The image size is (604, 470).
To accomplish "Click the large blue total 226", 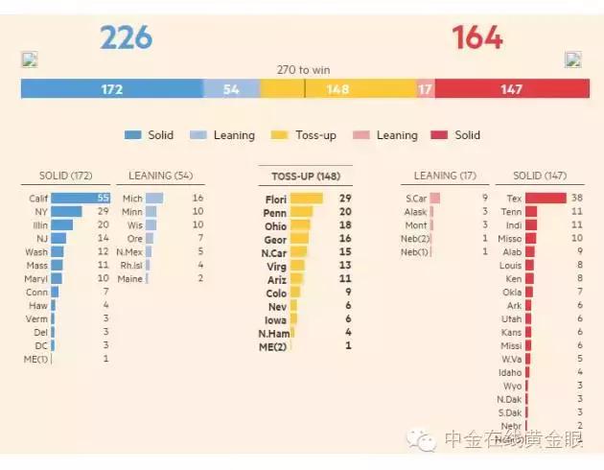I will [x=127, y=37].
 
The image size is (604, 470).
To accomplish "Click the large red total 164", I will [x=476, y=37].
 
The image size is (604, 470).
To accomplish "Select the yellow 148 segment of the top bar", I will [x=337, y=89].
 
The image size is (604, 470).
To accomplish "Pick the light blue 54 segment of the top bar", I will [x=231, y=89].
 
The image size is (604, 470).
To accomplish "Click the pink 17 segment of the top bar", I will [x=425, y=89].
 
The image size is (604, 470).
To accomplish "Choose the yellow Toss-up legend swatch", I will [x=281, y=135].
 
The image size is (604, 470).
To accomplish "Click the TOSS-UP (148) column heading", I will [x=305, y=176].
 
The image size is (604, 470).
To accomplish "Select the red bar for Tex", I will [x=545, y=199].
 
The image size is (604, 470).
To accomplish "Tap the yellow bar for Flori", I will [x=307, y=199].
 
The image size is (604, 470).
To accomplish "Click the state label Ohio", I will [x=275, y=226].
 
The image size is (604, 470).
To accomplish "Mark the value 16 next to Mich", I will [x=197, y=199].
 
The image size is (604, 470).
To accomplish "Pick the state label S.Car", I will [x=416, y=199].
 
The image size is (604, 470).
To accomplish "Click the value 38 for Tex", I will [x=577, y=199].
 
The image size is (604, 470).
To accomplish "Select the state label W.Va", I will [x=510, y=359].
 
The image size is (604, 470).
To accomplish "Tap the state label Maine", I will [x=129, y=279].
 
